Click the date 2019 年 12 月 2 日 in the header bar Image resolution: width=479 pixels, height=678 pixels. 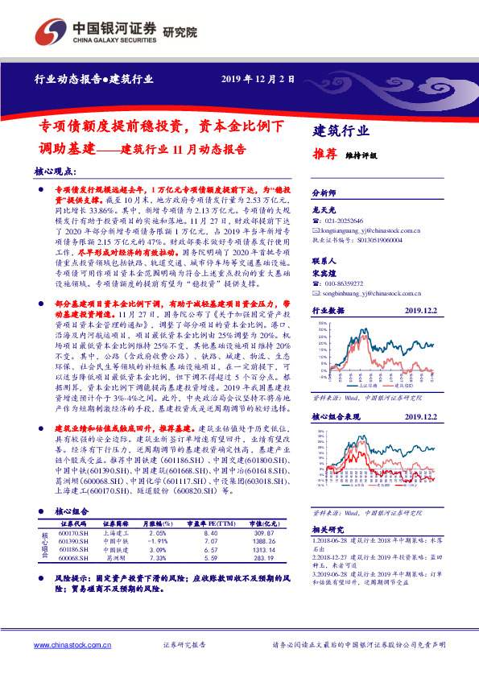(257, 79)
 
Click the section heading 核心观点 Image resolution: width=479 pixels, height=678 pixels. (55, 172)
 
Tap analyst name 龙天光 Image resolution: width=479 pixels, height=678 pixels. (322, 208)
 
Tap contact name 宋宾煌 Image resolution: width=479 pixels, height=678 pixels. (322, 273)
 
